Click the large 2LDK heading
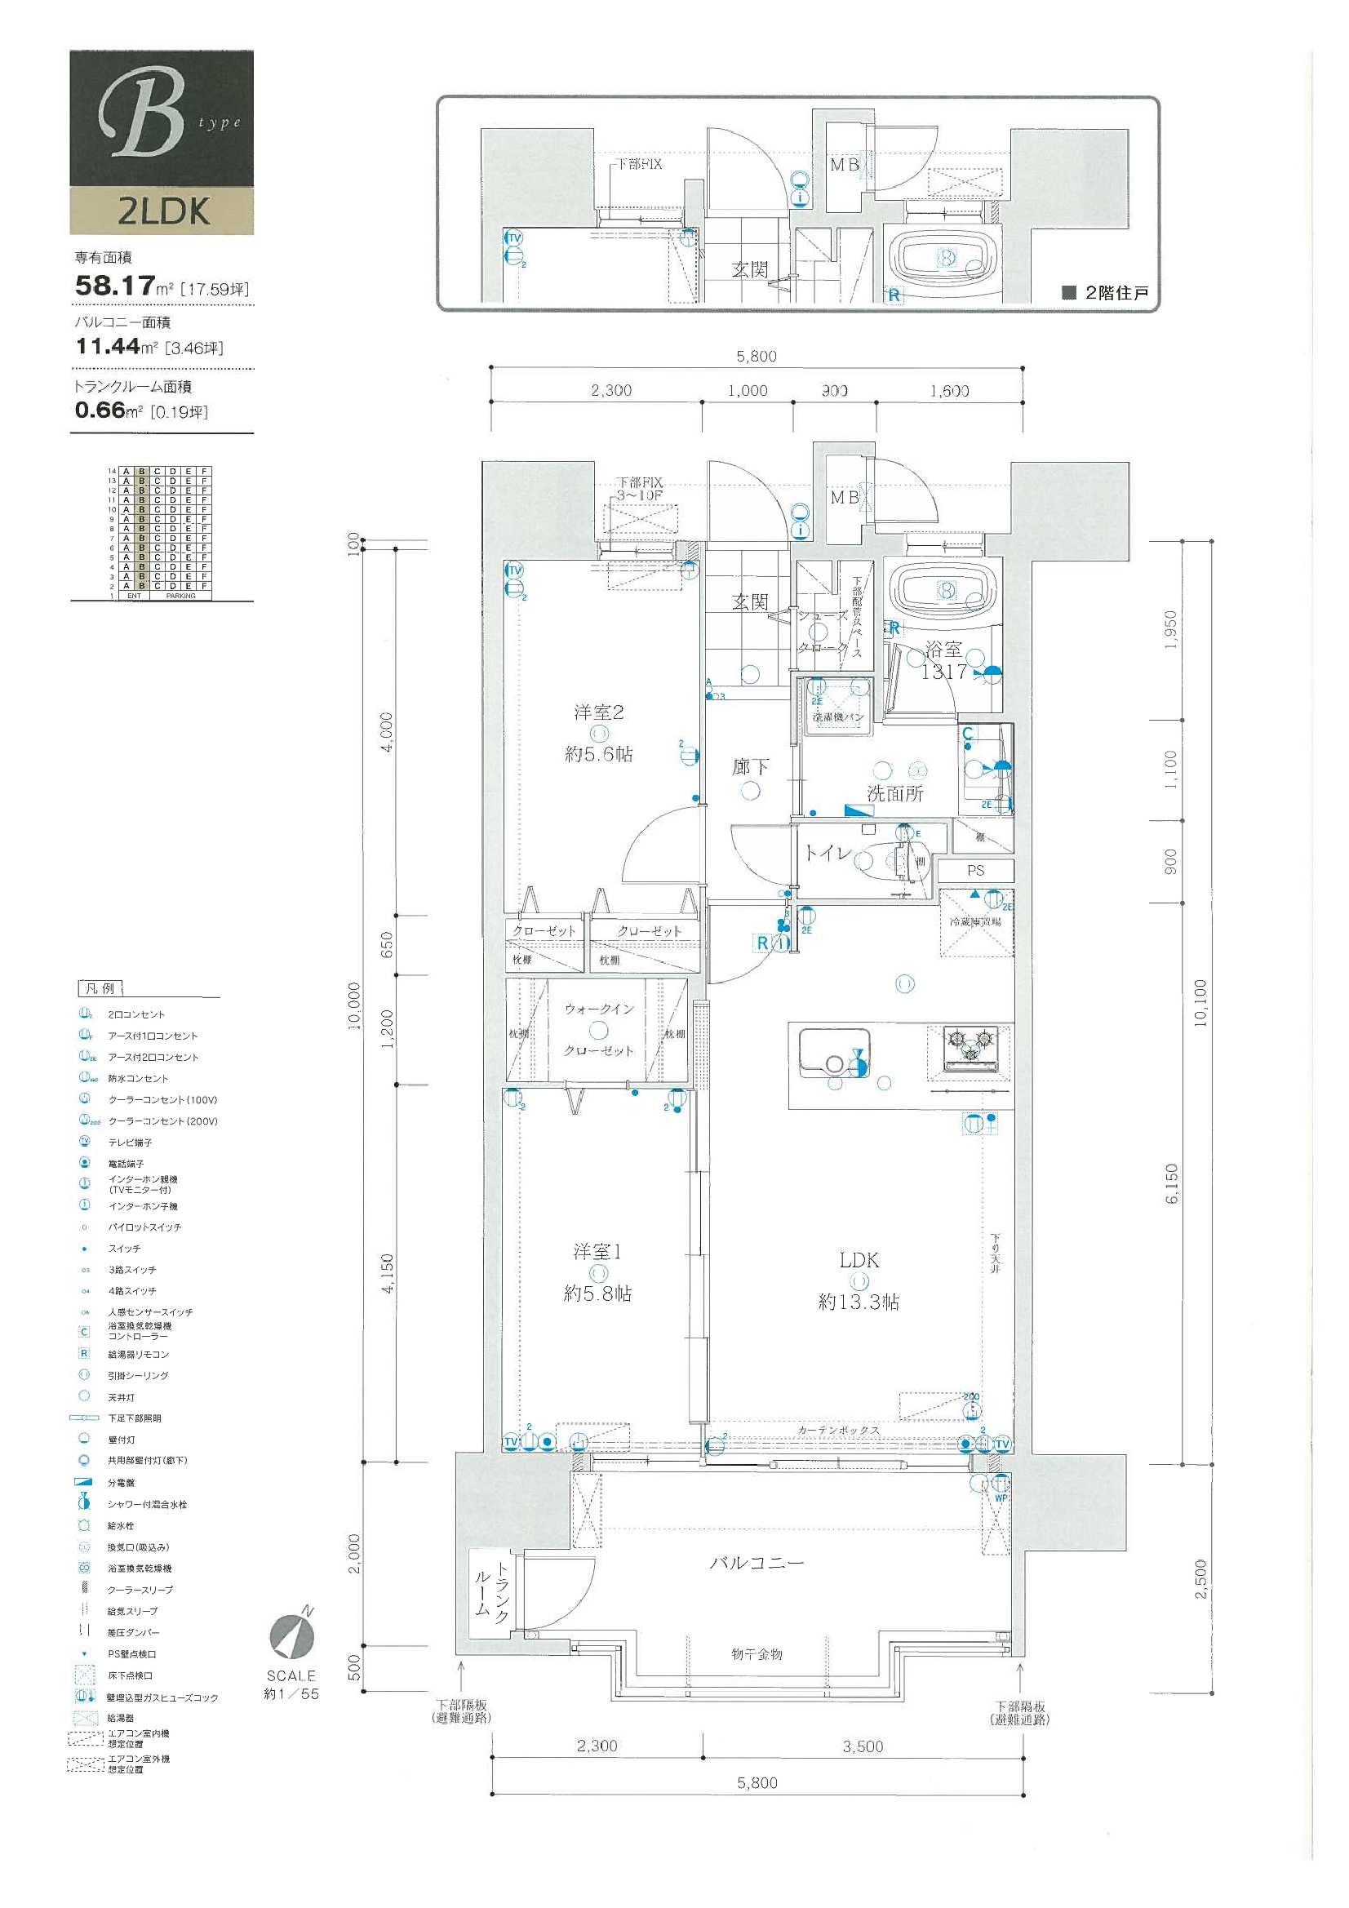163,211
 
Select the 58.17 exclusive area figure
115,286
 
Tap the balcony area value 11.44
108,347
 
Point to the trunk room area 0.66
100,410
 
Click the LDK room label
859,1260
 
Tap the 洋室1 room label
597,1251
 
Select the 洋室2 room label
598,712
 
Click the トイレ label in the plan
827,853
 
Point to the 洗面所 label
895,793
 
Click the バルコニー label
757,1563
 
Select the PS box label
976,871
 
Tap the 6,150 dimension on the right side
1172,1184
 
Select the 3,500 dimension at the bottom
863,1746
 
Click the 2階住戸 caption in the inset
1116,292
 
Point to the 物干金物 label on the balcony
757,1654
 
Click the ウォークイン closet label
599,1009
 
